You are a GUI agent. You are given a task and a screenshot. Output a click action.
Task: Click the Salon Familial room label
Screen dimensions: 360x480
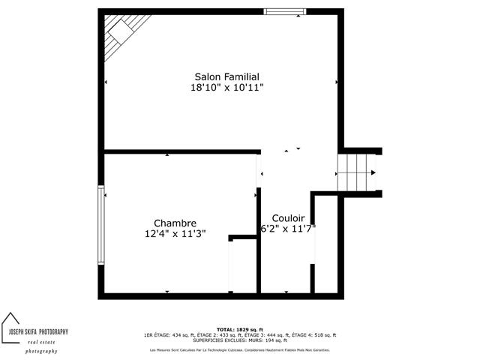[x=226, y=76]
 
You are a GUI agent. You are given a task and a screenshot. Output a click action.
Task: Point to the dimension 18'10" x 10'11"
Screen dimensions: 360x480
[x=226, y=88]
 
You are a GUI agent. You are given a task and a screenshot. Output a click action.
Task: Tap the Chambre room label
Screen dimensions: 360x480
[x=175, y=223]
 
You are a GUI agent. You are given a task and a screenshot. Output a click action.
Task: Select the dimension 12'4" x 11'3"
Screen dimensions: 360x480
[x=175, y=234]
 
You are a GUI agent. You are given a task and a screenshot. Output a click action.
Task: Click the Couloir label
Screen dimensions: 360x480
[x=288, y=217]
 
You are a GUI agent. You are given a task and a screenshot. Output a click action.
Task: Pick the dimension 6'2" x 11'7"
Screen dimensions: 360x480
[x=288, y=228]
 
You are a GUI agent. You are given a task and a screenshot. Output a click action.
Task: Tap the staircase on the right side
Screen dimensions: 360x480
[x=356, y=172]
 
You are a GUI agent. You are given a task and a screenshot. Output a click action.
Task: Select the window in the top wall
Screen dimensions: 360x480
[x=285, y=11]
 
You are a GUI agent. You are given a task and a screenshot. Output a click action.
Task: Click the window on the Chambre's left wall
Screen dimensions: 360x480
[x=100, y=224]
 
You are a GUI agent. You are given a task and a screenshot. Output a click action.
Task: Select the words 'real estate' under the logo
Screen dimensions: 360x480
[x=42, y=342]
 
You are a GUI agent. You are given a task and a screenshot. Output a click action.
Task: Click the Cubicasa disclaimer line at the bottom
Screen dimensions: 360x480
[x=239, y=349]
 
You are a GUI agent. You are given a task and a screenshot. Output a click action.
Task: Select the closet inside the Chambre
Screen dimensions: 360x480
[x=242, y=266]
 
